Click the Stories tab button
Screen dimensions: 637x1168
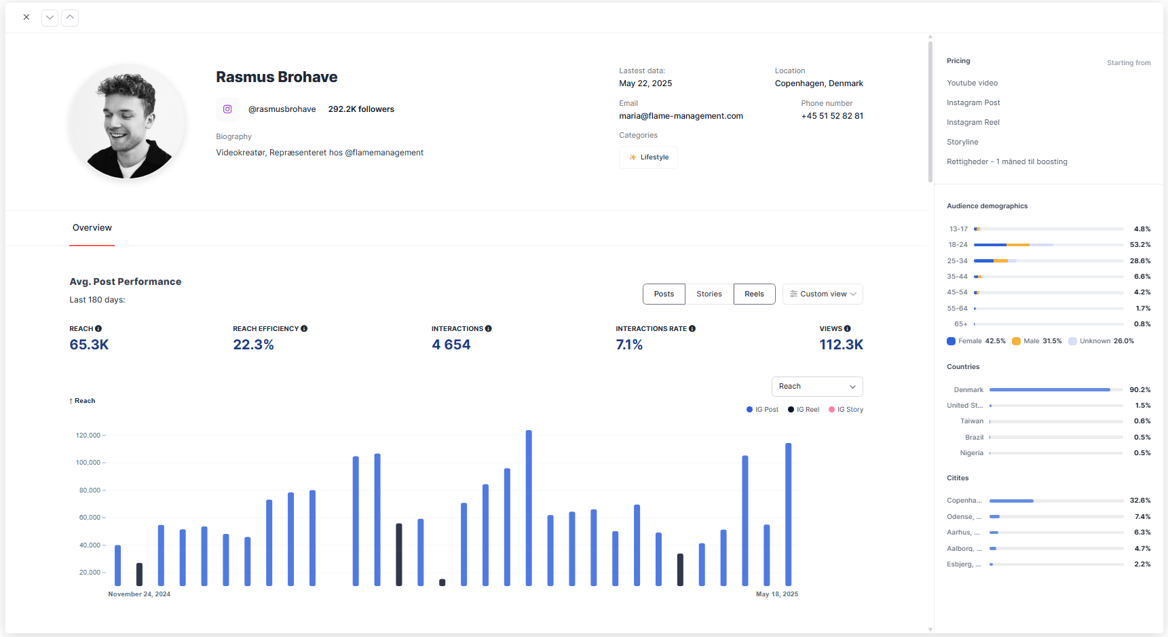tap(709, 294)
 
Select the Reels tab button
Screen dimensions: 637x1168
tap(754, 294)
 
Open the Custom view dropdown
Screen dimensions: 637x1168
tap(823, 294)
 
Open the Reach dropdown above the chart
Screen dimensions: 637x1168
tap(817, 387)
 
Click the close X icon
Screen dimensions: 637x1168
tap(26, 18)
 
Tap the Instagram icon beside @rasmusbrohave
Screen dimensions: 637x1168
tap(227, 109)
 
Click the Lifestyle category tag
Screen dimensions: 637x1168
tap(648, 157)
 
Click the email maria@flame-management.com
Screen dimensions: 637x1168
tap(681, 116)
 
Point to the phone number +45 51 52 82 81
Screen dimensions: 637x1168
tap(832, 116)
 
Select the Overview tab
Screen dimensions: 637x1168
tap(92, 228)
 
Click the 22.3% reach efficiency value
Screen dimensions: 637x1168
tap(253, 345)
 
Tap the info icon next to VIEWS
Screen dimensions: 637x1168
tap(848, 329)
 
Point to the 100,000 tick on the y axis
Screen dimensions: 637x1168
tap(88, 463)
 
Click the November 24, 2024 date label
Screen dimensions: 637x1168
tap(139, 594)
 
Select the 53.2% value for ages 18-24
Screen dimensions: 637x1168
tap(1139, 245)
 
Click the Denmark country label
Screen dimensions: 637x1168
tap(968, 390)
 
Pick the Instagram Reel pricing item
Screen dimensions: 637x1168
tap(973, 123)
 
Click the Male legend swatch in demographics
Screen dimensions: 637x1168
tap(1016, 341)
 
